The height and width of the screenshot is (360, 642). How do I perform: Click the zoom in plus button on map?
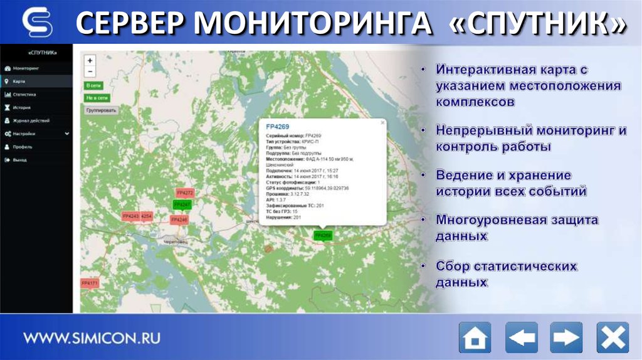90,61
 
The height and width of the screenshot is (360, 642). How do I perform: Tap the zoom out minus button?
90,71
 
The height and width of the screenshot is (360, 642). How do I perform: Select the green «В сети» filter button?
93,85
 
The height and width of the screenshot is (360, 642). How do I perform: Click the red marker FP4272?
185,193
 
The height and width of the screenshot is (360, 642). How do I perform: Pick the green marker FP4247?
182,205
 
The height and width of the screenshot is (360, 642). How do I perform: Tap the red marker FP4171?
90,283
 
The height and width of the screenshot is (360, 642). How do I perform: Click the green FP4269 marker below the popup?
323,235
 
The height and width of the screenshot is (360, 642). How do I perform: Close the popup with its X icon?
382,124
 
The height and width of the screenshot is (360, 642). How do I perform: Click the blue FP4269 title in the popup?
278,127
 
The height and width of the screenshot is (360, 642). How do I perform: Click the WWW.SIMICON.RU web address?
92,338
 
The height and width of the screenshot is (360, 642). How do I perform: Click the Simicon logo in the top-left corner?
37,23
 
